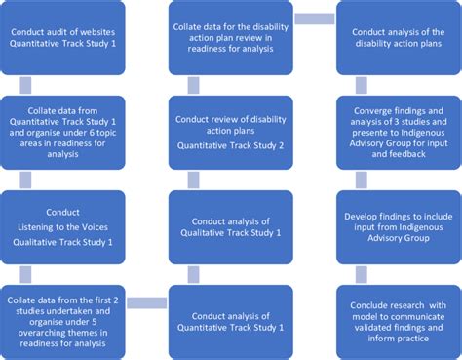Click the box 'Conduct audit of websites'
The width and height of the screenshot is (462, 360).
pos(63,36)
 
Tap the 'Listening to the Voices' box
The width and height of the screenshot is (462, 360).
pos(63,226)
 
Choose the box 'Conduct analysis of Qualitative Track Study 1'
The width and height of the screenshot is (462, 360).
pos(230,226)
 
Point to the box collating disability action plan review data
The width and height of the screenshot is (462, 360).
pos(230,36)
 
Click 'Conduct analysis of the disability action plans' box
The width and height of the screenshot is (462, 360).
pos(397,36)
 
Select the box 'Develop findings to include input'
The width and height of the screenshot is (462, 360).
pos(397,226)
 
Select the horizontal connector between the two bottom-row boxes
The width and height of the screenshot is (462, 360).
pos(146,302)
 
